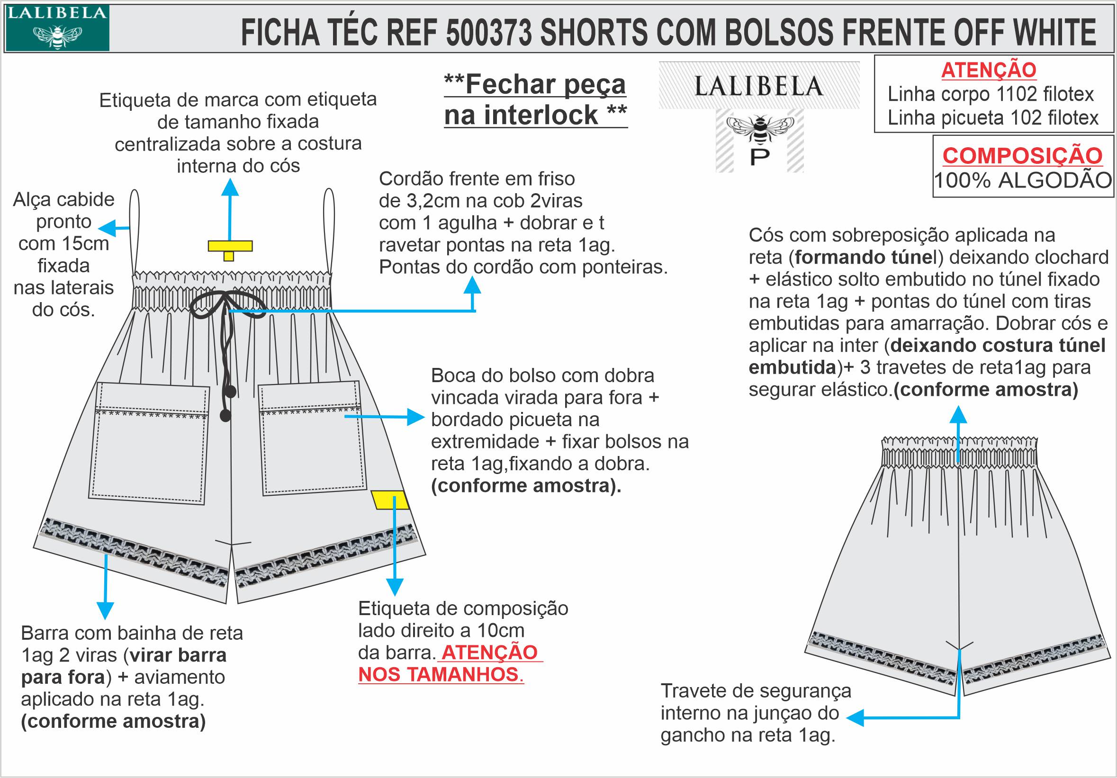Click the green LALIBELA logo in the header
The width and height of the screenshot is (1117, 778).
pyautogui.click(x=57, y=28)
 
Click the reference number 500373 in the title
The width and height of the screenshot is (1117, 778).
pyautogui.click(x=488, y=33)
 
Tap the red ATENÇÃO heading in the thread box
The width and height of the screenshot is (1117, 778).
pyautogui.click(x=989, y=71)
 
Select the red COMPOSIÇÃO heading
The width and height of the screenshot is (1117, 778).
pyautogui.click(x=1022, y=156)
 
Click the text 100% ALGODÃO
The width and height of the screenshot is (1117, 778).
pyautogui.click(x=1022, y=181)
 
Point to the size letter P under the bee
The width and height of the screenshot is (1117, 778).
pyautogui.click(x=759, y=157)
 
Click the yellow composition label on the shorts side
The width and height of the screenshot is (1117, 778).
pyautogui.click(x=390, y=500)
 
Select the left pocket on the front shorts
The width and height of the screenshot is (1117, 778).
pyautogui.click(x=148, y=442)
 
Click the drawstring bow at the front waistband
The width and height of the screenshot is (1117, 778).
pyautogui.click(x=227, y=304)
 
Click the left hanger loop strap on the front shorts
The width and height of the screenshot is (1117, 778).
pyautogui.click(x=135, y=229)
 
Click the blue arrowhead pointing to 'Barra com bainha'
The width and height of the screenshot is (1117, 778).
pyautogui.click(x=105, y=610)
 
